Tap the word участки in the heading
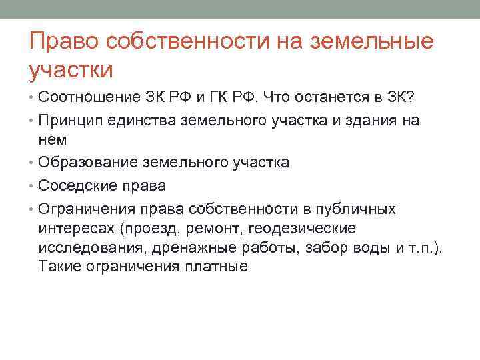tap(72, 69)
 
